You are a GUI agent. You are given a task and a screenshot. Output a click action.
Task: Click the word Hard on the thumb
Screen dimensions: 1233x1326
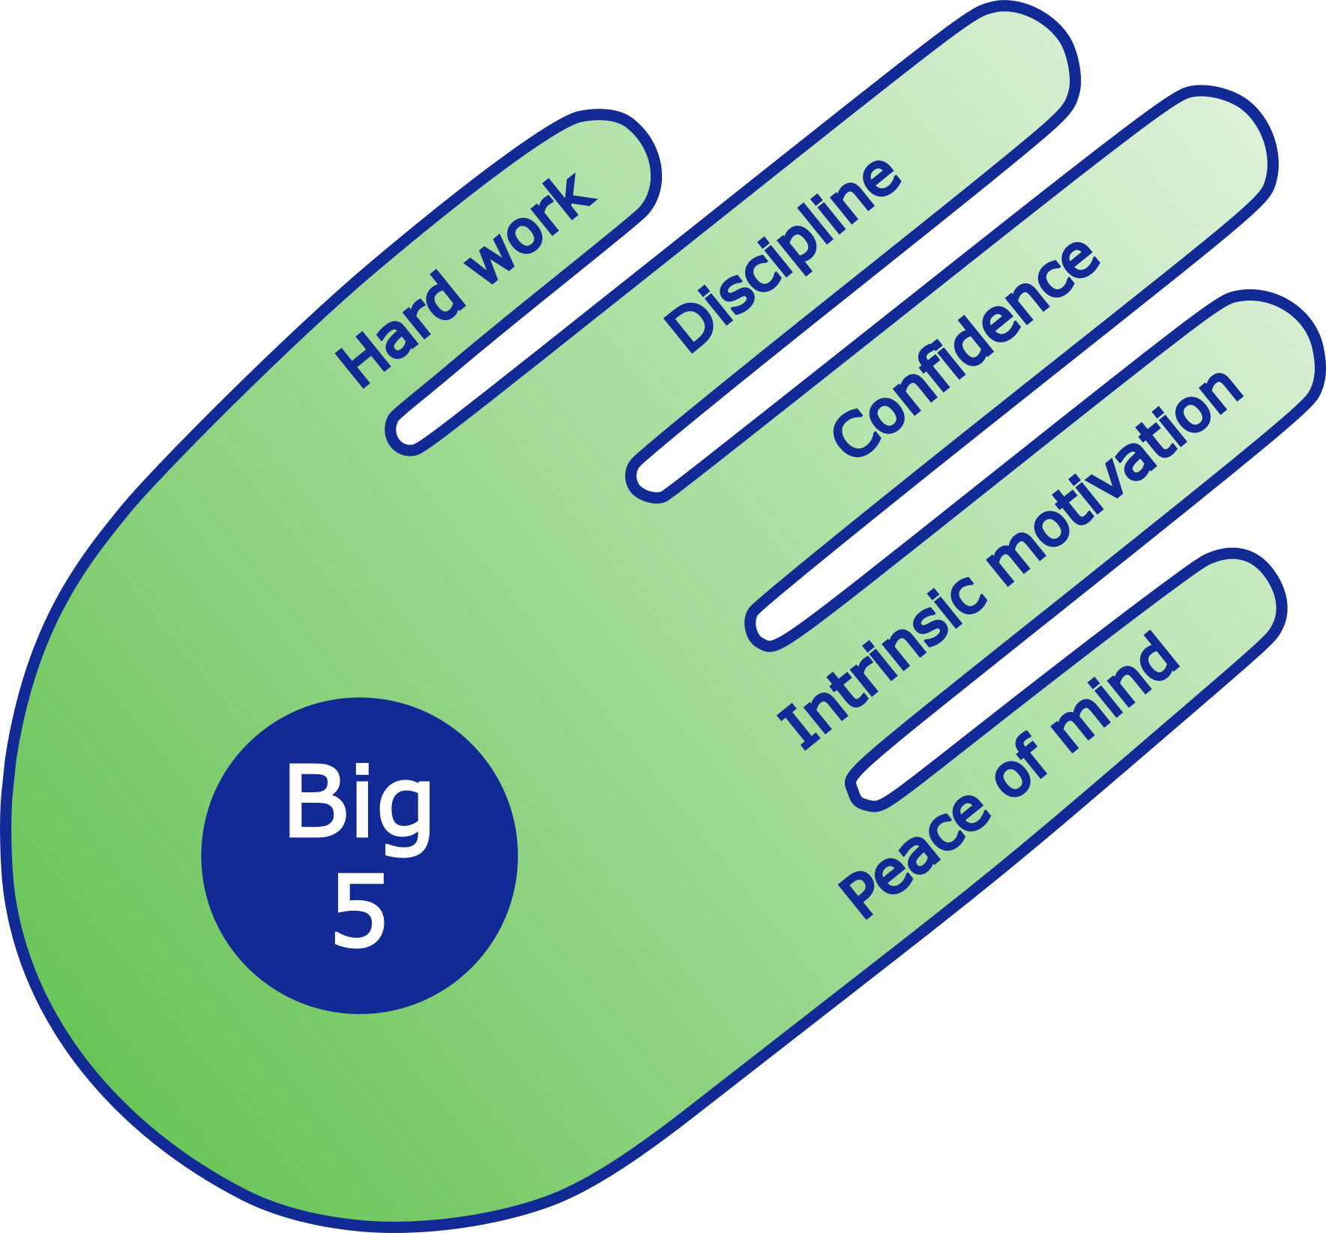click(400, 329)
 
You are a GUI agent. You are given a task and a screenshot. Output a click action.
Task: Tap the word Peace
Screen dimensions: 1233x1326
click(911, 855)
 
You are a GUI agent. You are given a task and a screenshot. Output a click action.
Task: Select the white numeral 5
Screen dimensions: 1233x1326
click(360, 910)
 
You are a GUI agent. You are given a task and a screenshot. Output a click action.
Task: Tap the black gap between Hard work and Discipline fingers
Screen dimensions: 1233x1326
click(525, 352)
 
